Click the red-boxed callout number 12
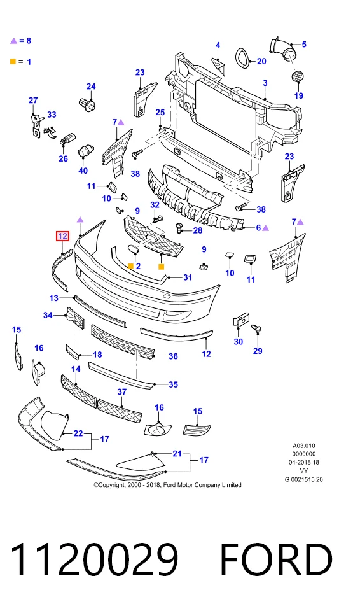tap(62, 236)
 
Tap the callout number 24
tap(91, 87)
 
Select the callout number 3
tap(265, 83)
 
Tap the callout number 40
tap(83, 171)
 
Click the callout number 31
tap(188, 277)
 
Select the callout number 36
tap(173, 356)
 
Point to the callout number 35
tap(173, 384)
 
